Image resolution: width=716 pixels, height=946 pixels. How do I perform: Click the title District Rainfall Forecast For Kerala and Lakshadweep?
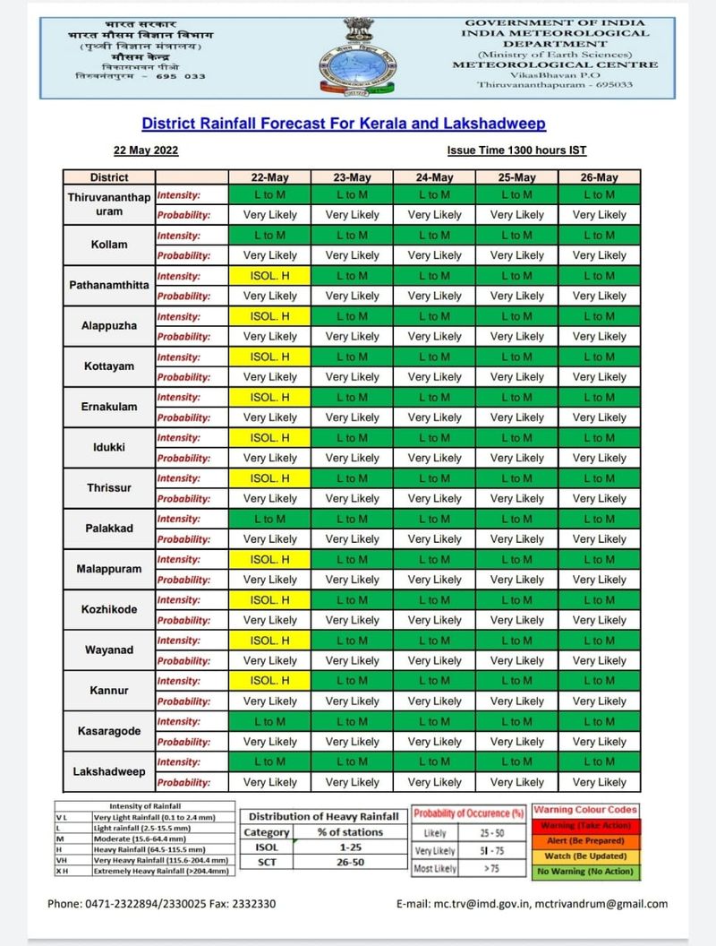coord(344,123)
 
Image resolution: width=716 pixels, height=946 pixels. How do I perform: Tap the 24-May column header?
coord(434,177)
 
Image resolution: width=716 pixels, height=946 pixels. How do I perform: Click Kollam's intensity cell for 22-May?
coord(269,235)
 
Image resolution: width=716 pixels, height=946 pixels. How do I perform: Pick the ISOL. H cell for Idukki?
coord(269,437)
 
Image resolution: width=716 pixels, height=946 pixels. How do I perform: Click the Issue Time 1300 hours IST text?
coord(516,150)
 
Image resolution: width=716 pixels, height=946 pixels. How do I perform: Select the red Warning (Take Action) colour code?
coord(586,825)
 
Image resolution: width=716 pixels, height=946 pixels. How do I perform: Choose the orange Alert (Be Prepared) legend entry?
coord(586,840)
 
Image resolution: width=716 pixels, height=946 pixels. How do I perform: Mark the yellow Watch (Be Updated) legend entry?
coord(586,856)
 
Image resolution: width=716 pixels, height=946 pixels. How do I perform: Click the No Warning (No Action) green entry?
coord(586,871)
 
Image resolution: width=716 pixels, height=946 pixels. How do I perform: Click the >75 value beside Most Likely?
coord(492,869)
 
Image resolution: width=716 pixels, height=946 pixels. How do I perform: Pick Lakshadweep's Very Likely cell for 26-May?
coord(600,782)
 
